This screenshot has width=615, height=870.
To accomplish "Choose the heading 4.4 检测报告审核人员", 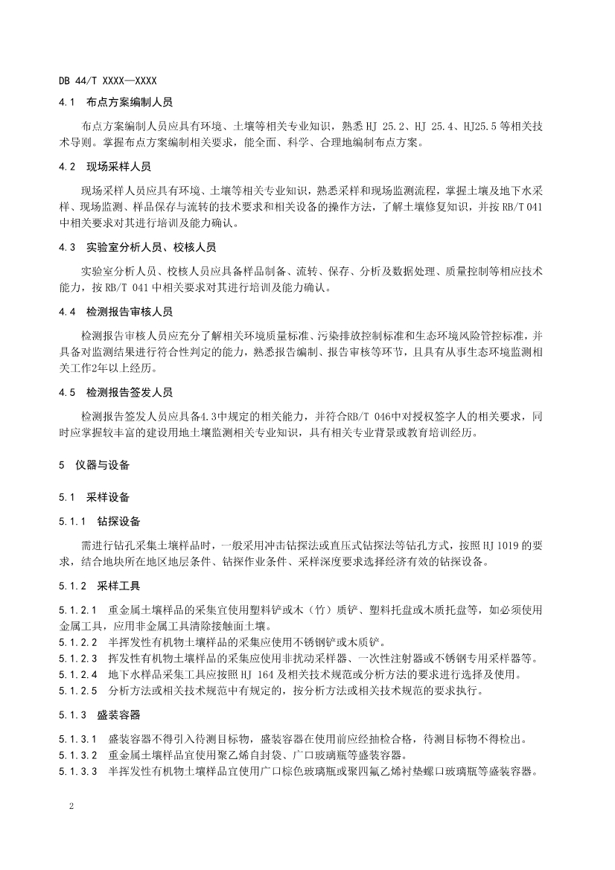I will [121, 311].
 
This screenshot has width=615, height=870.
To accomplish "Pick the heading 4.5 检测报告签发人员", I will [121, 391].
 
